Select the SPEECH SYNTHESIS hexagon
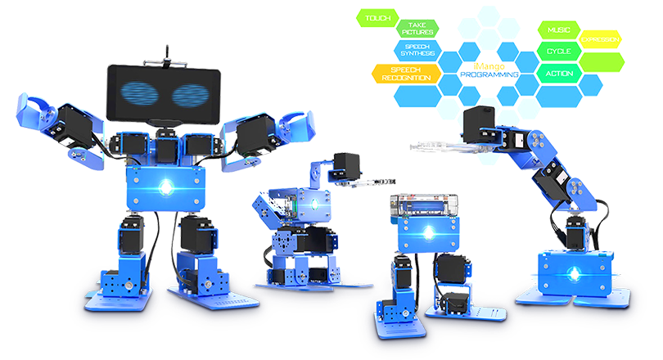(422, 51)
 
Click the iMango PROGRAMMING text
(489, 69)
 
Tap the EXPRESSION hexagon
(600, 40)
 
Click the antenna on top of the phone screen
(165, 53)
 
